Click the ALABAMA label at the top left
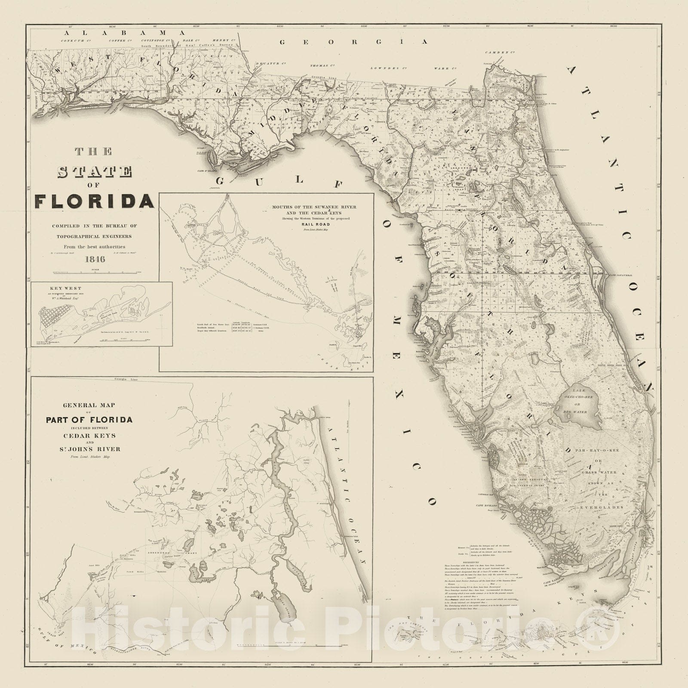[x=124, y=32]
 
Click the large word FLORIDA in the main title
[x=95, y=201]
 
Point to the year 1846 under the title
[x=95, y=259]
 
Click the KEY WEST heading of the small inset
[x=60, y=289]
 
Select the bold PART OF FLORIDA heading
[x=89, y=420]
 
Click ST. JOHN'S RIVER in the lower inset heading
[x=89, y=449]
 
